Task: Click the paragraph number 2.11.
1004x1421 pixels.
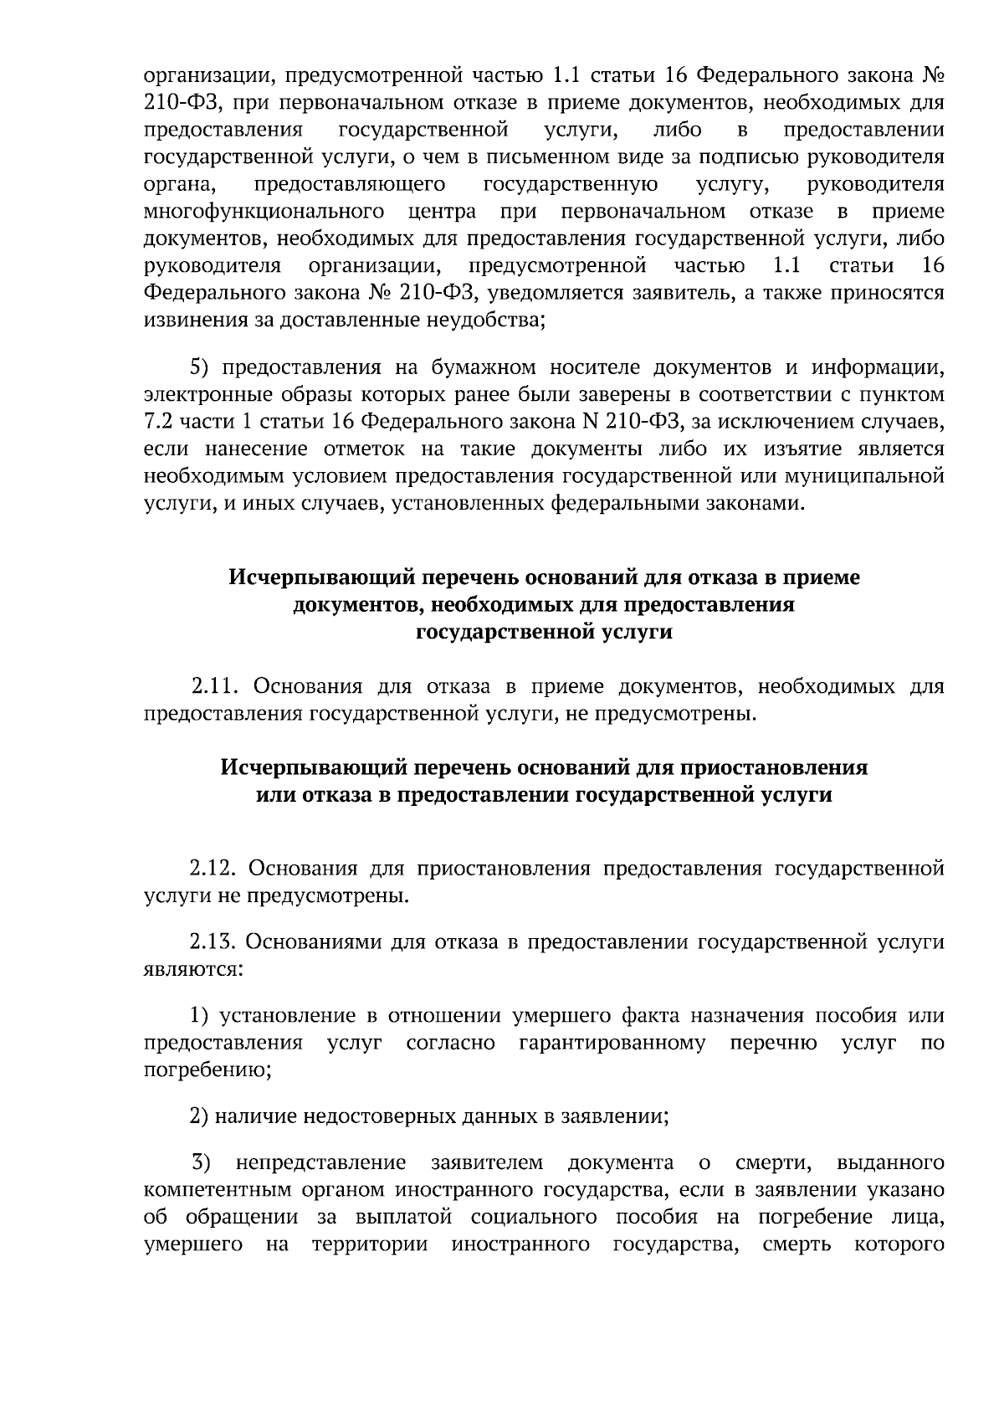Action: tap(216, 688)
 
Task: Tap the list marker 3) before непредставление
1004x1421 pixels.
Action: tap(202, 1163)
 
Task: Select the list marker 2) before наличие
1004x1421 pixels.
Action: tap(198, 1116)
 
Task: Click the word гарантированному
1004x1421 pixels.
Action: tap(612, 1044)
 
